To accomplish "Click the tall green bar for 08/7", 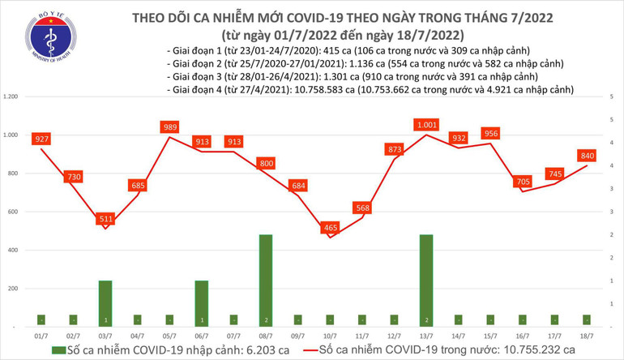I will [x=265, y=281].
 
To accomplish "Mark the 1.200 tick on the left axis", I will [x=11, y=97].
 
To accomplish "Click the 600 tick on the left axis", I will [x=14, y=212].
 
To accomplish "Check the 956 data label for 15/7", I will [x=491, y=133].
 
